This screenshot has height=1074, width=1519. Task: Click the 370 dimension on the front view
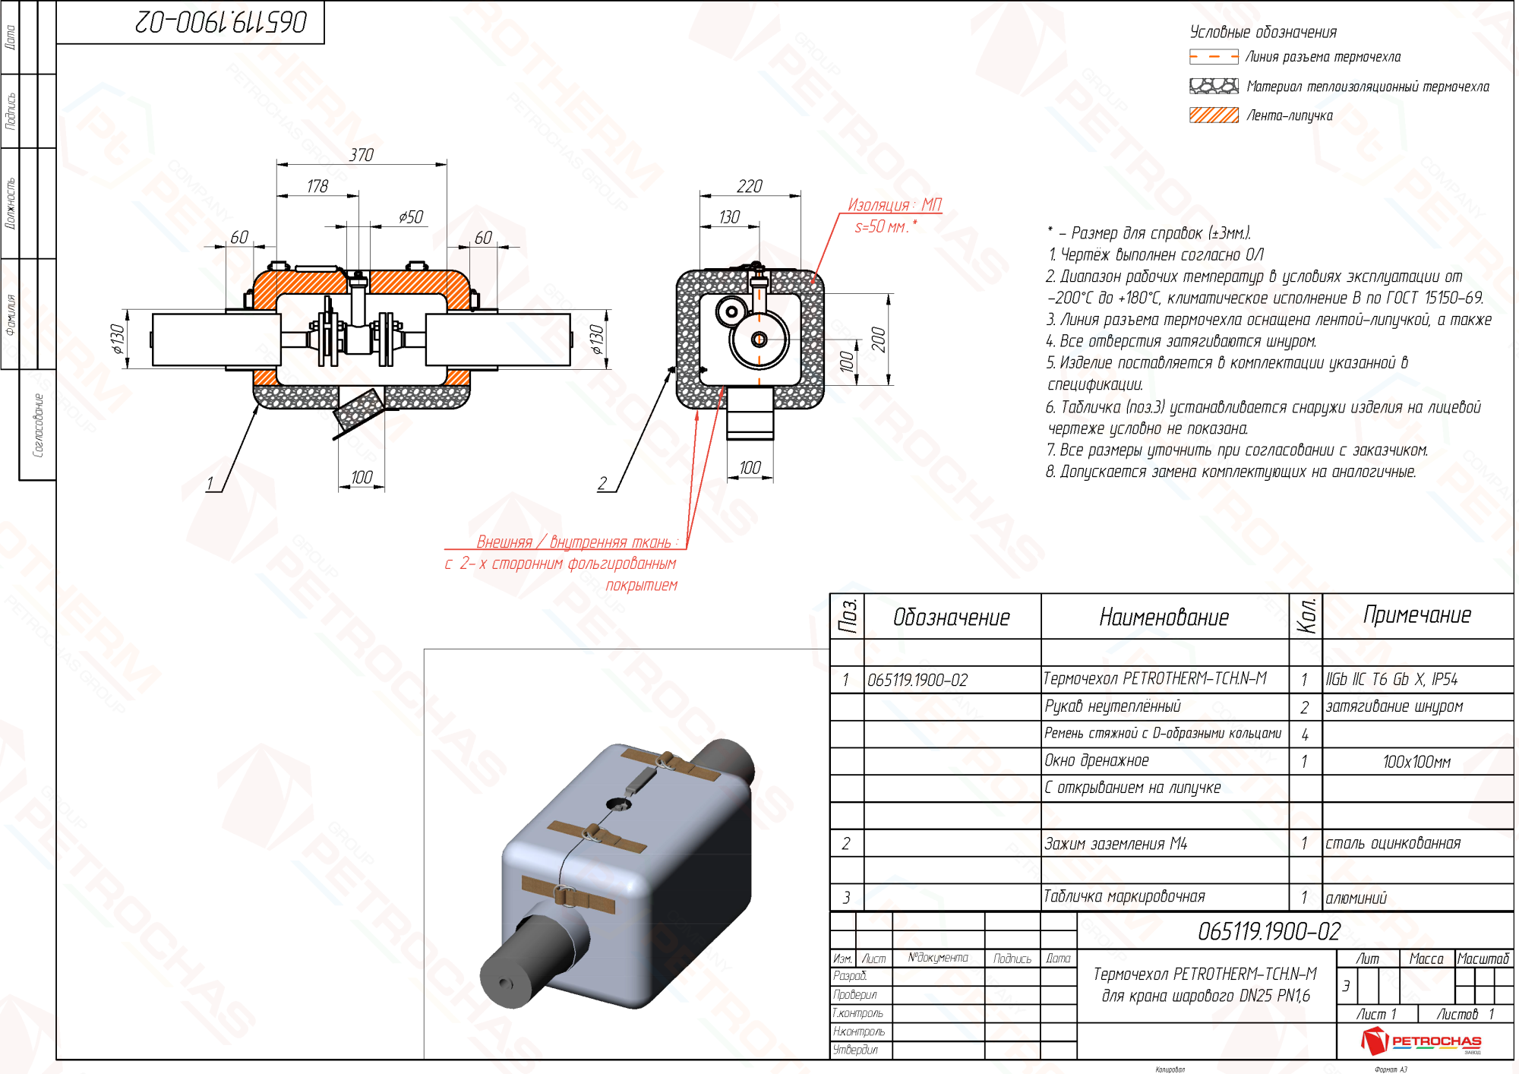[362, 155]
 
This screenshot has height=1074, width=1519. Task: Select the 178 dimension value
[317, 186]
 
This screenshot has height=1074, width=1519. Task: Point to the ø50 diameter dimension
[411, 217]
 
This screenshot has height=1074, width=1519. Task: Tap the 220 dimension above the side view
[750, 186]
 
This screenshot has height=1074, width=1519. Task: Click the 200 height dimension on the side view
[879, 339]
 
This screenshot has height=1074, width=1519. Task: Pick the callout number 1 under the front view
[210, 484]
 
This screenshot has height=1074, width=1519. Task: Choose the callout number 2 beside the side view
[602, 484]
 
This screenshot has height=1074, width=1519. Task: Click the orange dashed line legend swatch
[1214, 57]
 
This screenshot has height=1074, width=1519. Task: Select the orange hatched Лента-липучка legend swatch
[1214, 115]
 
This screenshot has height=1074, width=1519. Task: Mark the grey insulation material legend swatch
[1214, 87]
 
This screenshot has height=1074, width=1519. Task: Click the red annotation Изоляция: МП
[894, 205]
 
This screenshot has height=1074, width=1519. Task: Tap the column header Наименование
[1164, 618]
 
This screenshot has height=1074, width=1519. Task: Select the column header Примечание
[1417, 615]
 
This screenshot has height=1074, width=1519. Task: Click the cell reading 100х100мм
[1416, 762]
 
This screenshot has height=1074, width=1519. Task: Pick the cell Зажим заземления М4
[1116, 844]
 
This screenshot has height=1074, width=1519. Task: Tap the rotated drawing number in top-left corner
[221, 22]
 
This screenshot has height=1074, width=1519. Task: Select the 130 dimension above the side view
[729, 217]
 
